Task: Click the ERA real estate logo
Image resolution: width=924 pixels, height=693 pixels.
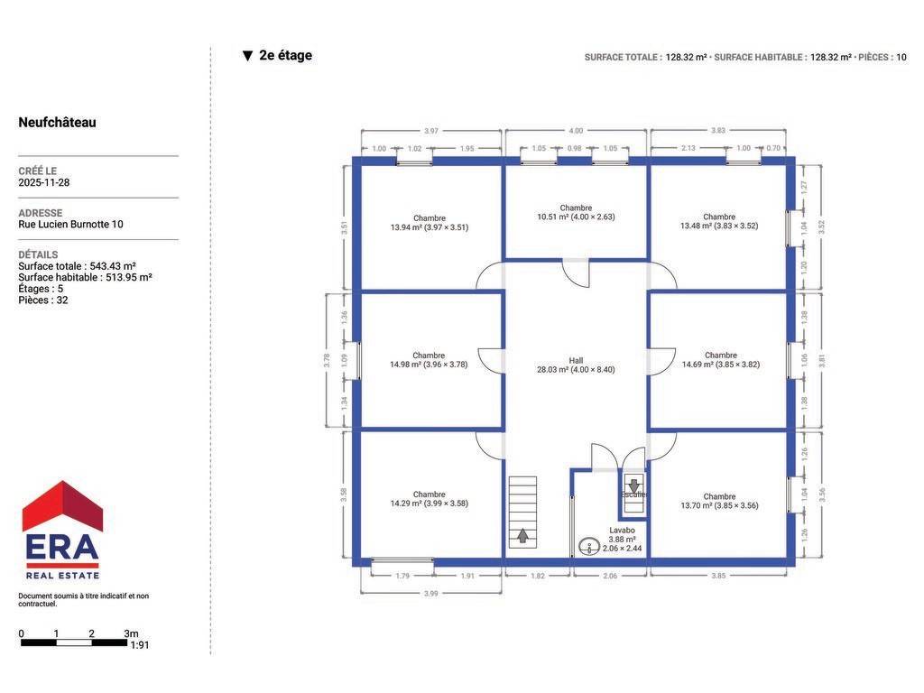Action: coord(62,530)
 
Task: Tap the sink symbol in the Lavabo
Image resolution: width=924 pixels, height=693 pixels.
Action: coord(588,547)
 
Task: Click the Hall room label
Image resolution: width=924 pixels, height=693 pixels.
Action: coord(576,365)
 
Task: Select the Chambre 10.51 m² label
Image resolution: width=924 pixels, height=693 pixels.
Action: coord(576,212)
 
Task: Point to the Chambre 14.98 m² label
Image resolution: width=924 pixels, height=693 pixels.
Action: coord(429,360)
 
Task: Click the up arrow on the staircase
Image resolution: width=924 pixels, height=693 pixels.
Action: coord(522,536)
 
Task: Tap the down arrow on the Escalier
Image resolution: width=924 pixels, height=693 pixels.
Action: coord(633,486)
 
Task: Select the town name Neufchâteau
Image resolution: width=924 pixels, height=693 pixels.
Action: coord(57,123)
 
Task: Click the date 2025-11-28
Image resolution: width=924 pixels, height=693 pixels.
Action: coord(43,182)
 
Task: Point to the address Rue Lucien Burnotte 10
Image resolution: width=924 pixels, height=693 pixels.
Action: coord(70,225)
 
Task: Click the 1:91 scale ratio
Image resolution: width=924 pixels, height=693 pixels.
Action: coord(140,645)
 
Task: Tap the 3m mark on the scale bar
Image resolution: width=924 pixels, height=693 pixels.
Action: coord(132,633)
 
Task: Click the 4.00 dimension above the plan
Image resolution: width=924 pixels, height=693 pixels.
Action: coord(576,131)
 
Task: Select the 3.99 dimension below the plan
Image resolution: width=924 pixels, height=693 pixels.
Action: coord(430,594)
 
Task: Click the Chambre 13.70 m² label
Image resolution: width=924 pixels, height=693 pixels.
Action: coord(719,501)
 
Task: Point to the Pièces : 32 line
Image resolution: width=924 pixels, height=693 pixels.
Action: coord(43,300)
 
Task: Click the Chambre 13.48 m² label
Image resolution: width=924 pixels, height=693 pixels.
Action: coord(719,221)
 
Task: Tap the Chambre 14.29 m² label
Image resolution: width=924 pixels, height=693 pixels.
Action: coord(429,499)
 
